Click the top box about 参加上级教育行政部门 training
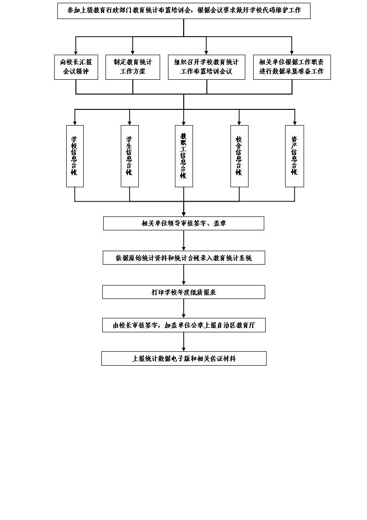coord(184,11)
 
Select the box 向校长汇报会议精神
coord(76,67)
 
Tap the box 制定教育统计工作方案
coord(133,67)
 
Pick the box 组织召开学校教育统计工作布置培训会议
coord(207,67)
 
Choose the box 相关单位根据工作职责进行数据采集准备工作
coord(292,67)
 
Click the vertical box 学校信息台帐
coord(75,156)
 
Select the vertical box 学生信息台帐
coord(130,156)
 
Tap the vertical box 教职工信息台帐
coord(184,156)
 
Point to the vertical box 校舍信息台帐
coord(239,156)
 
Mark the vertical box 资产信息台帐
coord(294,156)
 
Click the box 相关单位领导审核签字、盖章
coord(184,223)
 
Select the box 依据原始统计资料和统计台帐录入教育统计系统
coord(184,258)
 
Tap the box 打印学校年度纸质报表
coord(184,292)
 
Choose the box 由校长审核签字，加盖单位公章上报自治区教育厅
coord(184,325)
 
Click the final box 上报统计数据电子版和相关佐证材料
coord(184,359)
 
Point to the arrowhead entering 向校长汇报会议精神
coord(76,52)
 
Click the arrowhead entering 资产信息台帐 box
coord(294,123)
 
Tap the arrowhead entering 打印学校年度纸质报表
coord(184,283)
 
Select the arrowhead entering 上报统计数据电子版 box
coord(184,349)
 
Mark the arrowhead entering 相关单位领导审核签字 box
coord(184,214)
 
